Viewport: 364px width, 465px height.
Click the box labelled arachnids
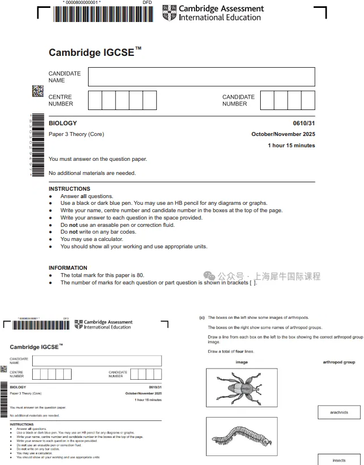tap(339, 413)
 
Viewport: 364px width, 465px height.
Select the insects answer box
tap(339, 459)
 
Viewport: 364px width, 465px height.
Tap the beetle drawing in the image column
tap(242, 388)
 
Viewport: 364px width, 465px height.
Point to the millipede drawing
tap(242, 437)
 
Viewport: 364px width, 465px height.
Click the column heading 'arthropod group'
tap(339, 362)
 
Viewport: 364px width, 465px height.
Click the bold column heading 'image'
tap(242, 362)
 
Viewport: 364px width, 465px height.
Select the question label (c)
tap(202, 318)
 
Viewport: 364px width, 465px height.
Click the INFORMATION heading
tap(68, 268)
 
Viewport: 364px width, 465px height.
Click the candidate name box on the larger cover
tap(201, 77)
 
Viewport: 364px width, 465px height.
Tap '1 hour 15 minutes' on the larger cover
tap(291, 146)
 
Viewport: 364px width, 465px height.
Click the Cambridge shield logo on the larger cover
tap(169, 12)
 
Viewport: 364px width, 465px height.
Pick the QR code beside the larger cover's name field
tap(37, 91)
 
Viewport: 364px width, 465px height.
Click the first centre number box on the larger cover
tap(95, 100)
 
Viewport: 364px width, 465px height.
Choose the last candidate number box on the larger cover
tap(308, 100)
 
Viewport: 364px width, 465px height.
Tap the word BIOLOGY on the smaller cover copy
tap(18, 387)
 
